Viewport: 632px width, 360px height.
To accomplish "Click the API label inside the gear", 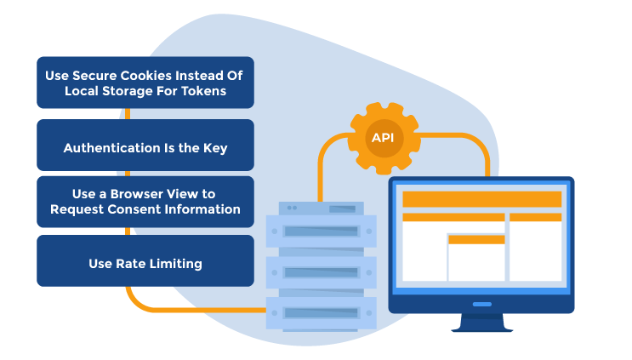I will point(383,138).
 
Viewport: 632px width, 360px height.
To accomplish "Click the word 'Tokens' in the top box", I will point(205,91).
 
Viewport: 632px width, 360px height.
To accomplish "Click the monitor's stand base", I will point(481,326).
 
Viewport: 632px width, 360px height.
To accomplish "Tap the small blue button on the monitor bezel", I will point(481,304).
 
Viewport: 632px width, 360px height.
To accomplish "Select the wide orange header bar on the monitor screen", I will point(481,199).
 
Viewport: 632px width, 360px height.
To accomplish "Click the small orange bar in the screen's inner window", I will point(476,239).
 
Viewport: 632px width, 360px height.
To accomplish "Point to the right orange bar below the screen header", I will point(535,217).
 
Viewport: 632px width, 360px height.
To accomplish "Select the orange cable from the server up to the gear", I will point(321,170).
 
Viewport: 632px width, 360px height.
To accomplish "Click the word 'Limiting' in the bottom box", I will point(174,264).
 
